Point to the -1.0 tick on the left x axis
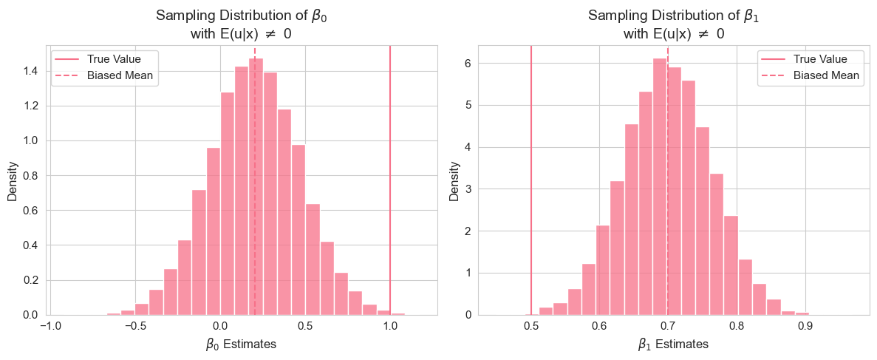point(50,326)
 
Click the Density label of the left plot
point(13,181)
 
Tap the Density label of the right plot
point(456,181)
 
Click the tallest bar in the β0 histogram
point(256,185)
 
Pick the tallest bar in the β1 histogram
point(660,185)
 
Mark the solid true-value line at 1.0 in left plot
point(390,185)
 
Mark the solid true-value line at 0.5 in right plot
point(531,185)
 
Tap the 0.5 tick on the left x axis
point(305,326)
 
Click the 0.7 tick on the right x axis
point(668,326)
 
